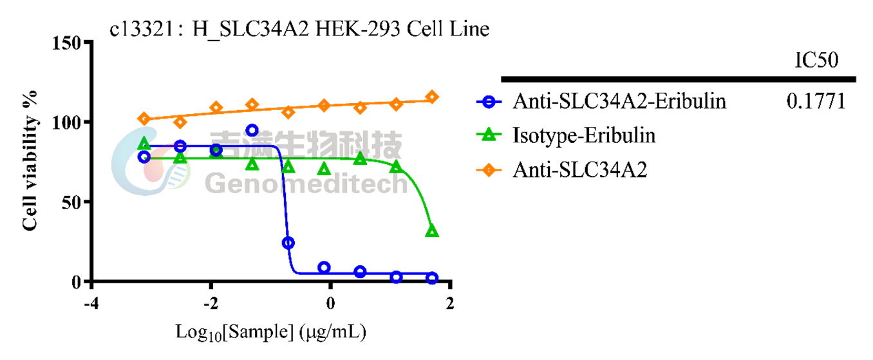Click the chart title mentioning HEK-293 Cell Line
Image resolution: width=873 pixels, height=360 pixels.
coord(299,29)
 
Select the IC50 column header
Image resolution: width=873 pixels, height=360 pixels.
coord(816,60)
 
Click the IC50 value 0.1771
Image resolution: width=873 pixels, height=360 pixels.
coord(816,101)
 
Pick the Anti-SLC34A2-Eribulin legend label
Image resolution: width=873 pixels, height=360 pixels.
coord(619,101)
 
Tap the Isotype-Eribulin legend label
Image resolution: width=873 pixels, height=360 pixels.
coord(584,136)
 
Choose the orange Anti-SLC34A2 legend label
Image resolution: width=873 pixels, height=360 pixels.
coord(580,170)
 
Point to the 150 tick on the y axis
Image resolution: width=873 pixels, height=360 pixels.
coord(66,43)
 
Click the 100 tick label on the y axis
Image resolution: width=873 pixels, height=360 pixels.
coord(66,123)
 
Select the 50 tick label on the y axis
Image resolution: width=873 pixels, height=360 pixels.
coord(71,203)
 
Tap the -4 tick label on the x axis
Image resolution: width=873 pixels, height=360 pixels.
coord(91,303)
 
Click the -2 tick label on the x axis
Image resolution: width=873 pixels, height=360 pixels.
coord(211,303)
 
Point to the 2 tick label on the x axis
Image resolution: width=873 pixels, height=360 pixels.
coord(450,303)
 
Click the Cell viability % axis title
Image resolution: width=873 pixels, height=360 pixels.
coord(30,160)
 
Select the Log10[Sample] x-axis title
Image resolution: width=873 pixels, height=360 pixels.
coord(271,333)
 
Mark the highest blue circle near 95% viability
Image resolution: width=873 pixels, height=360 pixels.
coord(252,130)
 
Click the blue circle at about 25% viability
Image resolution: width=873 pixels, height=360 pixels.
coord(288,243)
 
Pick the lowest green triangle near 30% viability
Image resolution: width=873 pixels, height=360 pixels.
coord(432,231)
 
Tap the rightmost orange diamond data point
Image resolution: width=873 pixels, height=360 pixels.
coord(432,97)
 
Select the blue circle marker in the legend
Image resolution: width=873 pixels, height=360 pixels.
coord(489,102)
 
